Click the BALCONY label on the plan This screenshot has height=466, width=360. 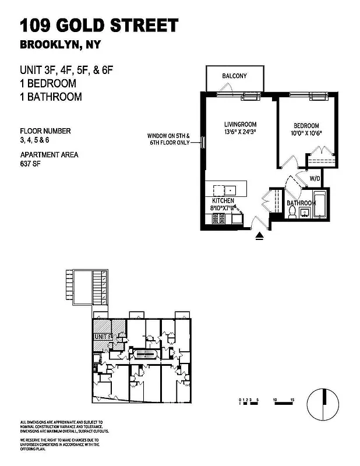pyautogui.click(x=235, y=76)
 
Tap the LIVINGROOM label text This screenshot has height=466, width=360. pyautogui.click(x=240, y=125)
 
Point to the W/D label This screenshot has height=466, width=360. pyautogui.click(x=315, y=178)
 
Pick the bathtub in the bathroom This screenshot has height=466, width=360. pyautogui.click(x=320, y=205)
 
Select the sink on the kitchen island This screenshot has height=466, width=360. pyautogui.click(x=230, y=190)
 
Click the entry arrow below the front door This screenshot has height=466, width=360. pyautogui.click(x=259, y=236)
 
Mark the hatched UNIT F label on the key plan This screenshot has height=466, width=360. pyautogui.click(x=103, y=337)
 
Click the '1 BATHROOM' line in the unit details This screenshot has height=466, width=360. pyautogui.click(x=51, y=97)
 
